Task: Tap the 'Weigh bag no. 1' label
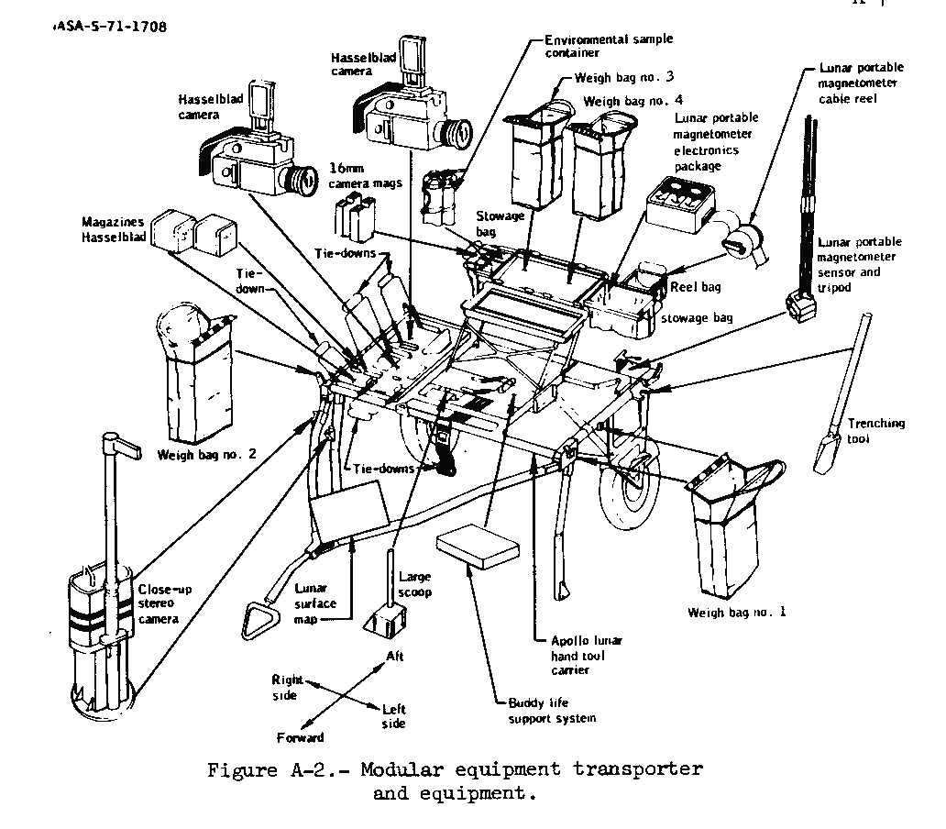(x=736, y=612)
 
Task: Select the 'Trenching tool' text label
(x=875, y=430)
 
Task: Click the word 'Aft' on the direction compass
(x=394, y=657)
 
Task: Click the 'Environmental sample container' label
(x=608, y=47)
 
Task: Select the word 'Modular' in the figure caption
(x=400, y=768)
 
